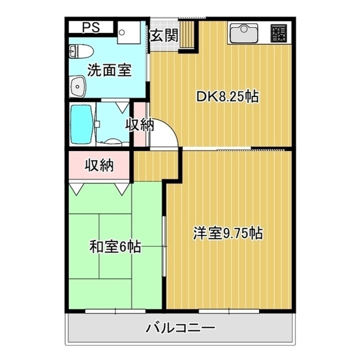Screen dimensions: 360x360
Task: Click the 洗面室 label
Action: click(x=109, y=70)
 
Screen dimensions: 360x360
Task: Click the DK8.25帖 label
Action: click(x=226, y=96)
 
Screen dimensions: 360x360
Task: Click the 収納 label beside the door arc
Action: click(x=139, y=124)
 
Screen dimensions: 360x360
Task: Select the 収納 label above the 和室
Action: click(x=99, y=164)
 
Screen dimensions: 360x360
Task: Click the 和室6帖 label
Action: click(x=114, y=246)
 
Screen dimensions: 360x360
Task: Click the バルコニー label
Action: click(x=180, y=328)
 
